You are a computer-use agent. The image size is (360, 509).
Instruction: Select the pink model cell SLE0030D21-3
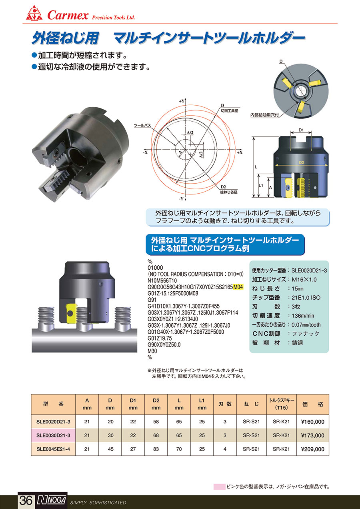(x=53, y=435)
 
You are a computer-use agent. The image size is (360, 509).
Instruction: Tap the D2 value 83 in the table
(x=156, y=449)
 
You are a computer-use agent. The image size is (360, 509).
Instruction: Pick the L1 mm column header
(x=202, y=404)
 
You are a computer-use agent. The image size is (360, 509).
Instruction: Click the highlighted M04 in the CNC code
(x=238, y=287)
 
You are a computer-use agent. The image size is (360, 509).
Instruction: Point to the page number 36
(x=26, y=500)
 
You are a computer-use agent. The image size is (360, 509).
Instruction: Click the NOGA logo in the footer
(x=51, y=500)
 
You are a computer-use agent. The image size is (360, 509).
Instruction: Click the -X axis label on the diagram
(x=145, y=152)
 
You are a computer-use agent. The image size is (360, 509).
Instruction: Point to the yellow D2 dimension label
(x=302, y=162)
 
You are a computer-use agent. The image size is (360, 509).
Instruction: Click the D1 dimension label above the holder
(x=301, y=130)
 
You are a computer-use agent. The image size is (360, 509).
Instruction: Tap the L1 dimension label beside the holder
(x=261, y=185)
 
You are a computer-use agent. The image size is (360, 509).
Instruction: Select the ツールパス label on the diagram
(x=142, y=125)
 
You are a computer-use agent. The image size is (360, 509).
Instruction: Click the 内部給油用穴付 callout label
(x=264, y=115)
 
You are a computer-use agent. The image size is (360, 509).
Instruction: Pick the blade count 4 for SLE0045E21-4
(x=225, y=449)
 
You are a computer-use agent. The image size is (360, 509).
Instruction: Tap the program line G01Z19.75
(x=160, y=339)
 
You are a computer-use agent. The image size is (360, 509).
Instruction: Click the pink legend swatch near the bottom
(x=219, y=487)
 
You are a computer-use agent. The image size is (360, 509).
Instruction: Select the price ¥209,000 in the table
(x=312, y=449)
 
